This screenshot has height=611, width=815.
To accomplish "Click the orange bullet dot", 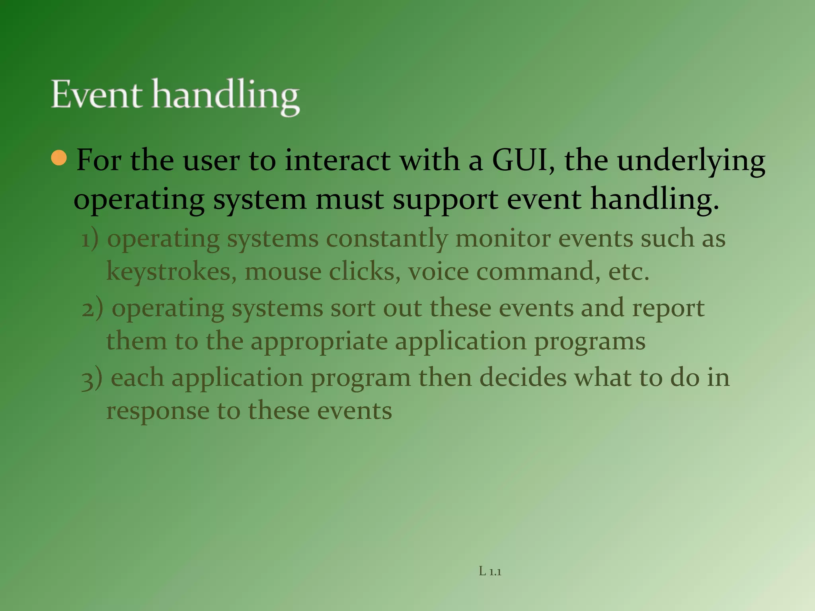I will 59,158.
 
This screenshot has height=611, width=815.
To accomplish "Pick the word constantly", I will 387,239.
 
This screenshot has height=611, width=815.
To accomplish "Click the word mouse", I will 283,272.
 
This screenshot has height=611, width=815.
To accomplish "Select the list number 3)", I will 92,379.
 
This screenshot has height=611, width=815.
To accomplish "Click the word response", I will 158,412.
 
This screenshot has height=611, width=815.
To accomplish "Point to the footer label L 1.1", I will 490,572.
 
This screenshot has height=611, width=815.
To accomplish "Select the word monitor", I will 503,239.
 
